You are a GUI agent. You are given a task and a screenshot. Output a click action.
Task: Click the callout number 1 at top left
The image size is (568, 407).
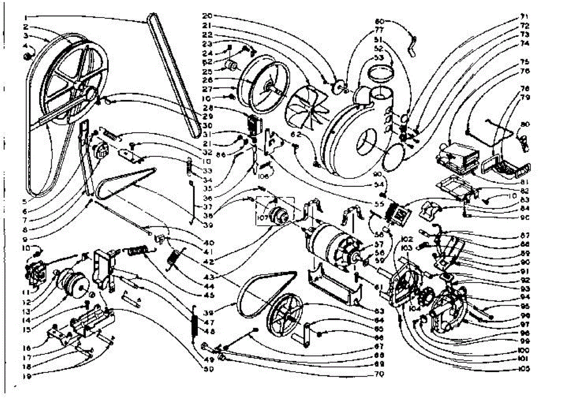click(23, 18)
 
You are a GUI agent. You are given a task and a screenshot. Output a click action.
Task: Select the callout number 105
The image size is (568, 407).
click(524, 369)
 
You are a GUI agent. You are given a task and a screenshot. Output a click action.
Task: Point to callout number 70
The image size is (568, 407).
click(378, 374)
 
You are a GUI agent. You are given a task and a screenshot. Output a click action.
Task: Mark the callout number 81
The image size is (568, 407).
click(524, 182)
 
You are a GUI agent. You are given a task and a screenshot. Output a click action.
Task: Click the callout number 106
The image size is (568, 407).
click(264, 176)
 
